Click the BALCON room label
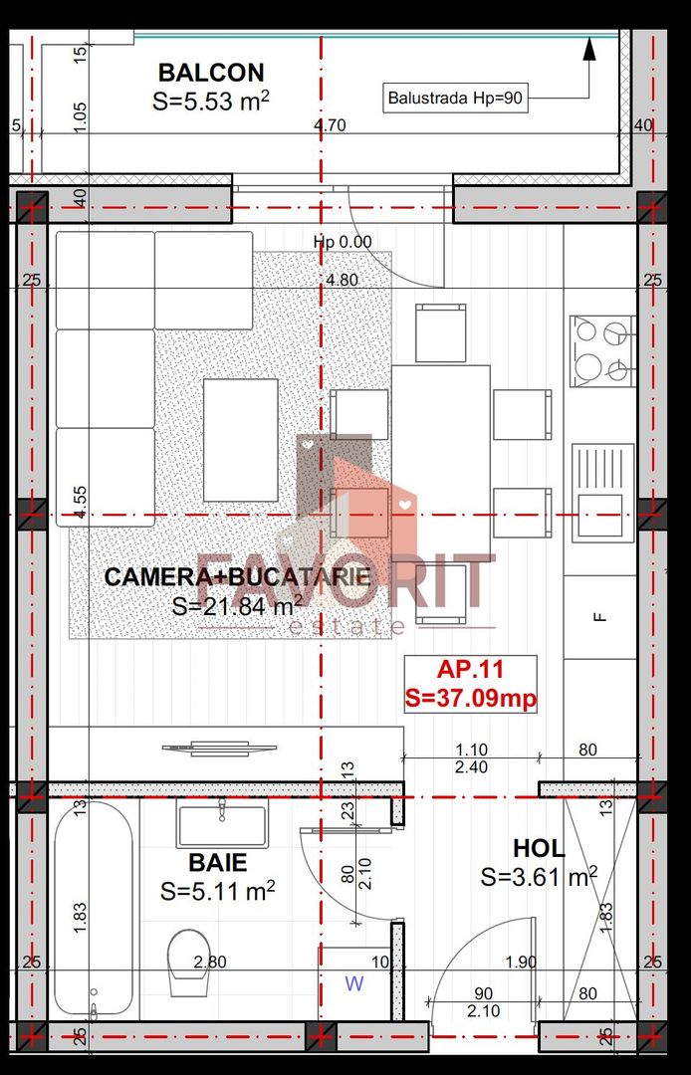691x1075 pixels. (x=211, y=72)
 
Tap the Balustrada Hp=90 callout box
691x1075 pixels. (x=455, y=98)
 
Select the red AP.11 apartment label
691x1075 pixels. (x=471, y=670)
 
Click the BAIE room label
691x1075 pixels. (x=217, y=862)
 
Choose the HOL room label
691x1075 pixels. (x=538, y=849)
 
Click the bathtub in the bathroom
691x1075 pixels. (x=93, y=911)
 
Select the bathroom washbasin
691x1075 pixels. (x=221, y=824)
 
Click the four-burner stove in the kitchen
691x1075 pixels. (x=601, y=350)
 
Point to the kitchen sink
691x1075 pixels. (x=601, y=491)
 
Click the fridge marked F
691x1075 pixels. (x=599, y=616)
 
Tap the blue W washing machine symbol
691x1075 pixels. (x=353, y=984)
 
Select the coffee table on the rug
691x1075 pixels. (x=240, y=440)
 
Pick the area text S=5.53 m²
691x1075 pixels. (x=211, y=101)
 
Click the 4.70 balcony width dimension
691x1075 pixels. (x=329, y=125)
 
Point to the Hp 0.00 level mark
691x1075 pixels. (x=342, y=242)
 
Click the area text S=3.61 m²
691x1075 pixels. (x=539, y=877)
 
